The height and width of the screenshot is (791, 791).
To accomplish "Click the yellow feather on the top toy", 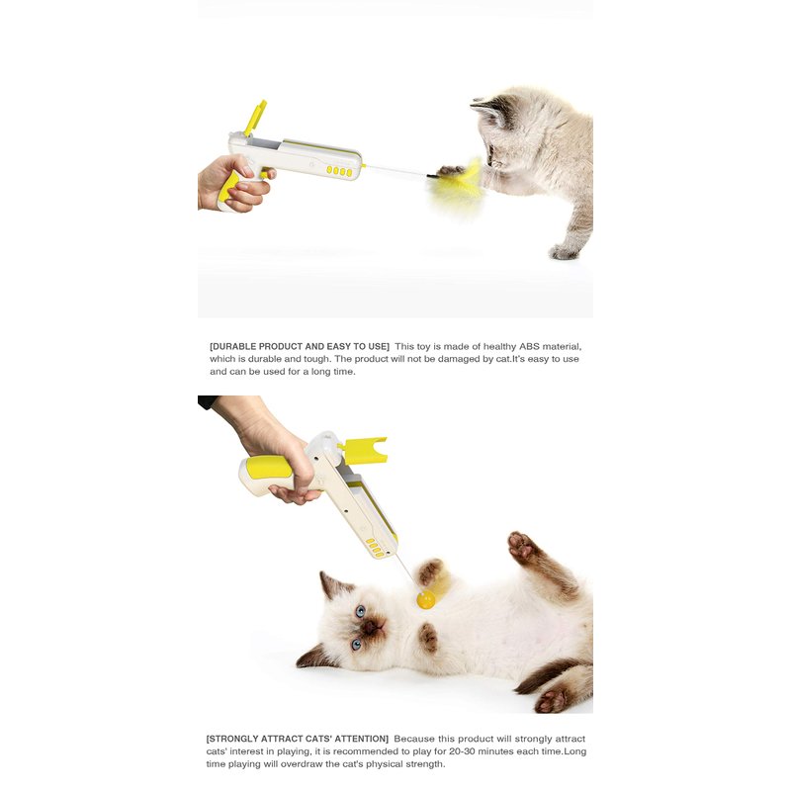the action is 460,188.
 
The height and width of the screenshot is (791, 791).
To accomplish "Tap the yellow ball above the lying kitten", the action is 425,599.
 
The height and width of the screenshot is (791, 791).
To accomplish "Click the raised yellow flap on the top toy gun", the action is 255,118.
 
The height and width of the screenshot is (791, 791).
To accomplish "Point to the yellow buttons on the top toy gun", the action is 339,171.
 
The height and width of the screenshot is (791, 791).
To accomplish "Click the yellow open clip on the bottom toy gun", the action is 364,450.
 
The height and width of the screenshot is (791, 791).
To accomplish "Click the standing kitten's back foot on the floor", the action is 565,252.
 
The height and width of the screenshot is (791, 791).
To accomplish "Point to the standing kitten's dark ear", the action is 491,111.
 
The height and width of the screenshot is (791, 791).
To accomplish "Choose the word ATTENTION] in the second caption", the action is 361,739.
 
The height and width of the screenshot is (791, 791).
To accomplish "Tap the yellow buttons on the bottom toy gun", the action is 376,549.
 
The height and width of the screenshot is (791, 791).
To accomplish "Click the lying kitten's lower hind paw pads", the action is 552,700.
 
